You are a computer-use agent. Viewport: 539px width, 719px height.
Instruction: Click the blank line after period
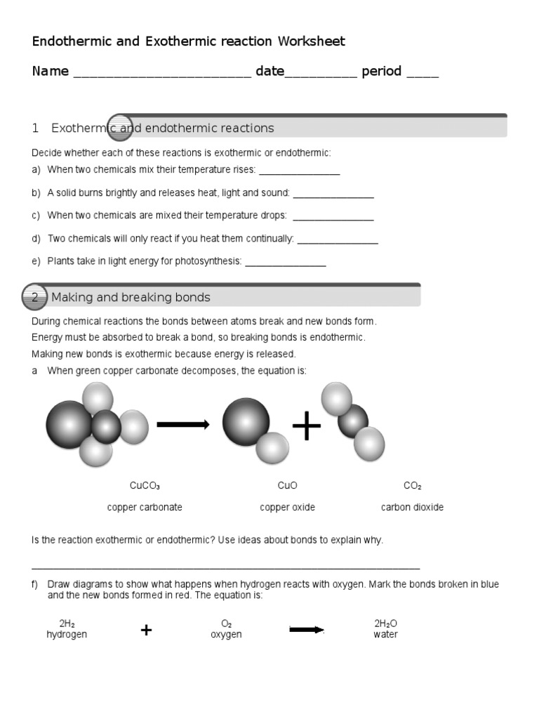[x=422, y=74]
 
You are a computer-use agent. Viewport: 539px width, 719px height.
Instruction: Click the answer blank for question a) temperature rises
[x=300, y=172]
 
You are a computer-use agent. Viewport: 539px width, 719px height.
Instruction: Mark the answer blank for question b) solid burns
[x=333, y=195]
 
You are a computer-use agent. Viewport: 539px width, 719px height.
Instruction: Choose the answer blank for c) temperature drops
[x=333, y=218]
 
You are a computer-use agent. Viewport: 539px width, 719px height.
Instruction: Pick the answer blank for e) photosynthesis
[x=286, y=263]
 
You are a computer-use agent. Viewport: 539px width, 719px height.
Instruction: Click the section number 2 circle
[x=35, y=298]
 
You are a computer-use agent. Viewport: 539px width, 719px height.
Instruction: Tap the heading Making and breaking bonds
[x=131, y=298]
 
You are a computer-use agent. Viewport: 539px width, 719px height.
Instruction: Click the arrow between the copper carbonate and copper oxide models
[x=182, y=424]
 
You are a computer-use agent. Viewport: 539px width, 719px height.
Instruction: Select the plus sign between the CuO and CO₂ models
[x=306, y=426]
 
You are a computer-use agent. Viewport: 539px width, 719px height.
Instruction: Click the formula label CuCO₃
[x=145, y=486]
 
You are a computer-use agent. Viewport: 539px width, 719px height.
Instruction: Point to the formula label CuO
[x=287, y=486]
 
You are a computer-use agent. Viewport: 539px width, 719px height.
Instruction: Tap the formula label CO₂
[x=412, y=486]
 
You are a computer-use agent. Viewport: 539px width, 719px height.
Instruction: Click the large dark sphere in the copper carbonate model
[x=69, y=424]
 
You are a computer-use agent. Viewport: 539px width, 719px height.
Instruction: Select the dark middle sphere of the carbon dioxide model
[x=352, y=420]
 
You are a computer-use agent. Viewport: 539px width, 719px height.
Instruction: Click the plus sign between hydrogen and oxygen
[x=146, y=630]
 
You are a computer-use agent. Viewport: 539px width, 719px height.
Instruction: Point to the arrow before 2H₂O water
[x=307, y=630]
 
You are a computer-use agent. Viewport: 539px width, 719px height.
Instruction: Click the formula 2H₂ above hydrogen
[x=67, y=624]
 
